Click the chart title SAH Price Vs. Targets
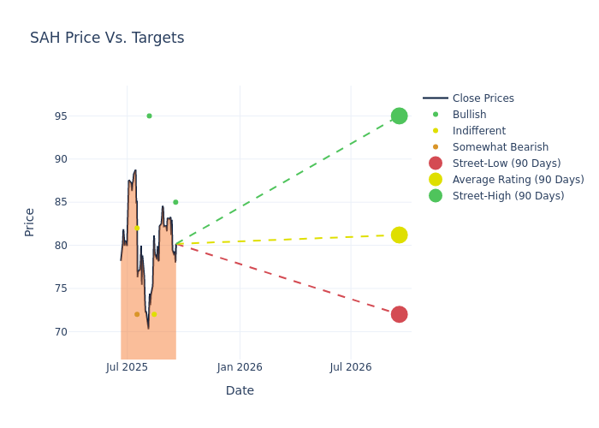pyautogui.click(x=107, y=38)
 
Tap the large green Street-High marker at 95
pyautogui.click(x=399, y=116)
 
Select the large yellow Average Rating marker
pyautogui.click(x=399, y=235)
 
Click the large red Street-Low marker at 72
pyautogui.click(x=399, y=314)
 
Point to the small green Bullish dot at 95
pyautogui.click(x=149, y=116)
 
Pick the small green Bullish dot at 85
pyautogui.click(x=175, y=202)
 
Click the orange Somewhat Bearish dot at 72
pyautogui.click(x=137, y=314)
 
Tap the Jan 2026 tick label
pyautogui.click(x=240, y=367)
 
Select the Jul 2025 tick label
pyautogui.click(x=128, y=367)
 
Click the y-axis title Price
pyautogui.click(x=30, y=222)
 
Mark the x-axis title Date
pyautogui.click(x=240, y=390)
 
